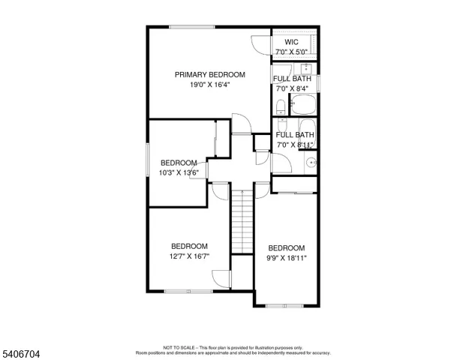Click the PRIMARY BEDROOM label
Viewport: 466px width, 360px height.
point(209,74)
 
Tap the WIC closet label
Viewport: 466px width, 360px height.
point(292,42)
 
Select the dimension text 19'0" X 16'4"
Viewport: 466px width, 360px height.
point(209,85)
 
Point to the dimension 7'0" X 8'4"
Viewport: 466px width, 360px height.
point(293,88)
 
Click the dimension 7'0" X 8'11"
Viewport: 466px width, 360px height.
point(294,144)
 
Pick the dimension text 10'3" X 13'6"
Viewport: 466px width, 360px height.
point(179,173)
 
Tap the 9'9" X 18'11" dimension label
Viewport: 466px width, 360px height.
point(287,259)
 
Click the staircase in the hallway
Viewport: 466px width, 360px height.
point(242,221)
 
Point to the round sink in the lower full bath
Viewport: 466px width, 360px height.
point(310,160)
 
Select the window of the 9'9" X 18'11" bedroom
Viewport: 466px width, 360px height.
point(286,305)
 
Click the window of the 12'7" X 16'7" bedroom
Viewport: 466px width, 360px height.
point(183,290)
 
